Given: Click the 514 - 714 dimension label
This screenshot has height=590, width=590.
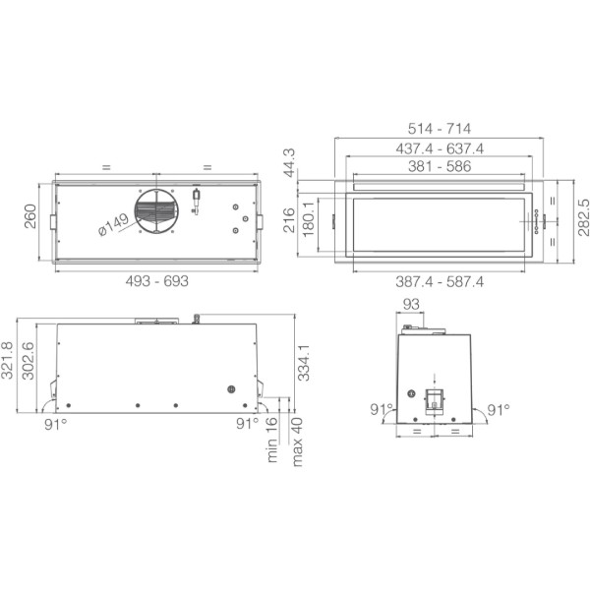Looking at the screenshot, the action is pos(440,129).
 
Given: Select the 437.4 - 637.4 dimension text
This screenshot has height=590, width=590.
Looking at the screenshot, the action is pos(440,148).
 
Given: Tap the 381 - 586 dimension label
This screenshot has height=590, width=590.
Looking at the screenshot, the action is pos(440,166).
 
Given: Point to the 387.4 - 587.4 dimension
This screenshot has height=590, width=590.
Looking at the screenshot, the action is pos(440,281).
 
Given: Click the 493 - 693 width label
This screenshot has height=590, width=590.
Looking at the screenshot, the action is pos(157,280).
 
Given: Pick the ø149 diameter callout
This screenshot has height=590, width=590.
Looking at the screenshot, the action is pos(113,225).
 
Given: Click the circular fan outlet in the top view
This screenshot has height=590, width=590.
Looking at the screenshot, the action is pos(156,211).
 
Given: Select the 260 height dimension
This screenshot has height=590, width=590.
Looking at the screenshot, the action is pos(30,216).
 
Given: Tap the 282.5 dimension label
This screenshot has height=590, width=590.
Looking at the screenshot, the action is pos(583,217).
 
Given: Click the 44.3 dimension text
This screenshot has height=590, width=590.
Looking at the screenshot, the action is pos(289,163).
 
